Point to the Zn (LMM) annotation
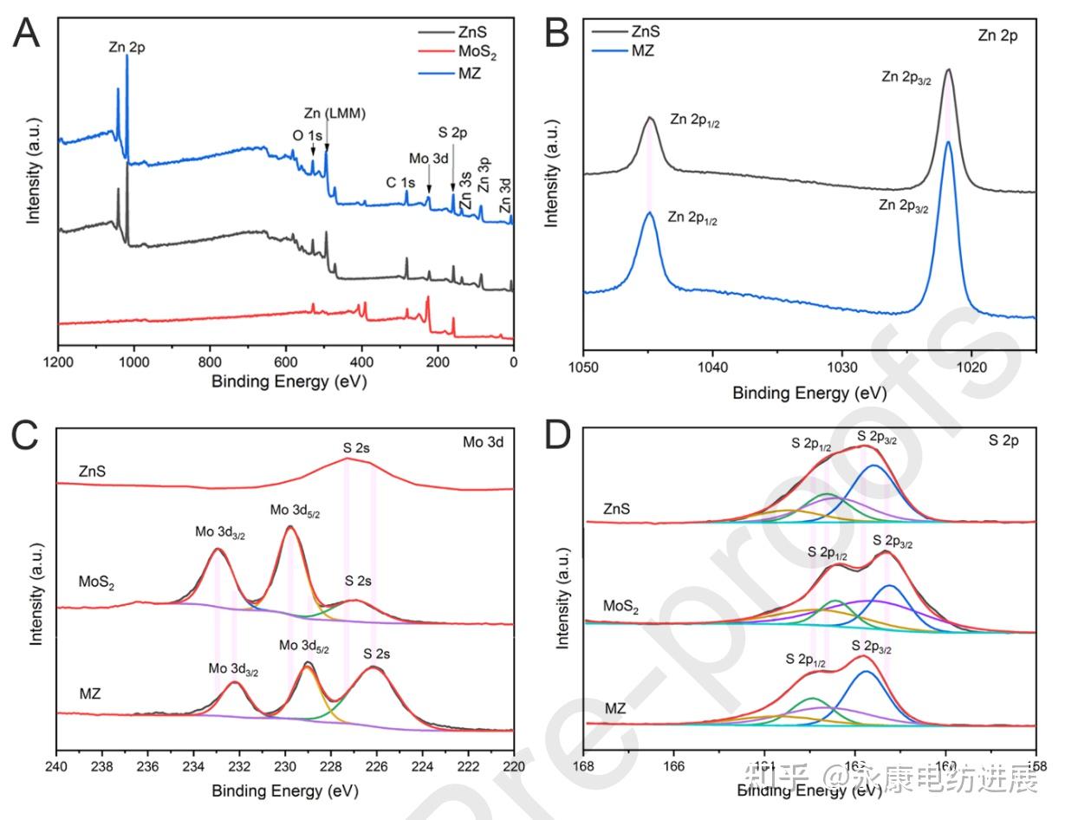click(x=334, y=114)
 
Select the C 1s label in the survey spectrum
click(x=400, y=183)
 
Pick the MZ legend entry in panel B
click(x=641, y=51)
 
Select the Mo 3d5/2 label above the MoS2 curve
click(x=295, y=511)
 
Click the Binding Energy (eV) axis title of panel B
click(x=809, y=393)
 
